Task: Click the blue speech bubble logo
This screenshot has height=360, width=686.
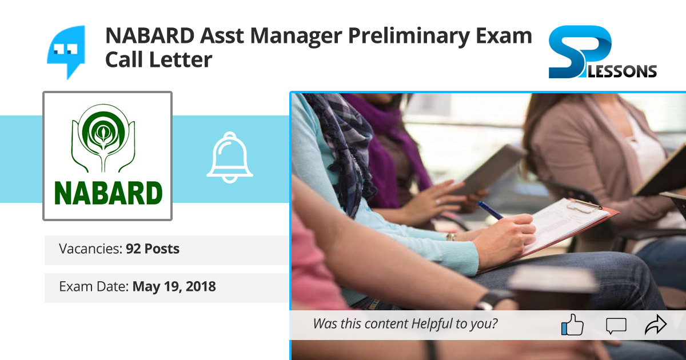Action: click(66, 50)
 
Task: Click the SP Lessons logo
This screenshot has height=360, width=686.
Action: click(602, 53)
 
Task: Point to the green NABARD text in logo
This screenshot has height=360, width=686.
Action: click(107, 193)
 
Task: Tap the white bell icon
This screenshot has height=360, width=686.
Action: click(229, 159)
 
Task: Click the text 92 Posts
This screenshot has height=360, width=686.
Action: click(153, 249)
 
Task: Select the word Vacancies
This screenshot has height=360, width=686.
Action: click(90, 249)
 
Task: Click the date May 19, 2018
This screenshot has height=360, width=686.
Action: click(174, 286)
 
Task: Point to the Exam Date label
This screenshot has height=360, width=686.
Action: click(93, 286)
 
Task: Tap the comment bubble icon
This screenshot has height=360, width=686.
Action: click(616, 326)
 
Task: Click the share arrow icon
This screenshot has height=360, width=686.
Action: click(656, 325)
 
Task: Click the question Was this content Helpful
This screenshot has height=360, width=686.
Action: click(405, 324)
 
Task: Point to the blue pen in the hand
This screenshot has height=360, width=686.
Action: click(490, 211)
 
